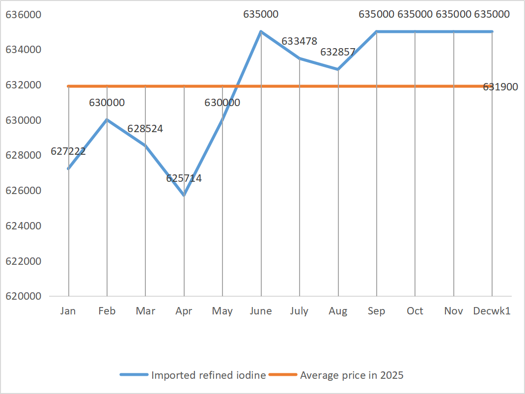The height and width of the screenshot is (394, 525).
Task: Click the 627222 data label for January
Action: pos(68,151)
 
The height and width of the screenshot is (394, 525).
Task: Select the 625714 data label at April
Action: pos(184,178)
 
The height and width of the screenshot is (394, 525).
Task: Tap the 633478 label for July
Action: pos(299,41)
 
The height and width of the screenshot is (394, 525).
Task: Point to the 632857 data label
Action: pos(338,52)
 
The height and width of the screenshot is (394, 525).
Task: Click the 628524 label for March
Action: pos(145,129)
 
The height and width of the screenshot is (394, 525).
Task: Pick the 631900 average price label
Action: pos(500,87)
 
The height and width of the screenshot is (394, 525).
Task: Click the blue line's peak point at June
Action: pos(261,31)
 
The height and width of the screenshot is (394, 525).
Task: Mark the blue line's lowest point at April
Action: pos(184,196)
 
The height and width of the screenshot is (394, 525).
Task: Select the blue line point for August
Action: pos(338,69)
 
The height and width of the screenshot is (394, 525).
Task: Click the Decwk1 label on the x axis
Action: pos(492,311)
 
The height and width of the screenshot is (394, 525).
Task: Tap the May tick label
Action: pos(222,311)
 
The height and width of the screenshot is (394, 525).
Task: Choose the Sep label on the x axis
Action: pos(377,311)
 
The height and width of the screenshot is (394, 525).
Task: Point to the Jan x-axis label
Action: pos(68,311)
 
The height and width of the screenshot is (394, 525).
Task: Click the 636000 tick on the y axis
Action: pos(24,15)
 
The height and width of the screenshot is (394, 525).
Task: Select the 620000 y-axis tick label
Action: pos(24,296)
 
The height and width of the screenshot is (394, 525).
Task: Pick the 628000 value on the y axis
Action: pos(24,155)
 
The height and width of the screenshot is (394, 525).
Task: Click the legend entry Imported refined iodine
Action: pos(208,375)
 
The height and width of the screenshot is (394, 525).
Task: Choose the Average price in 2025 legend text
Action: pos(352,375)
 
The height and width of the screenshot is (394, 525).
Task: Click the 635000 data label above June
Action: pos(261,14)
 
